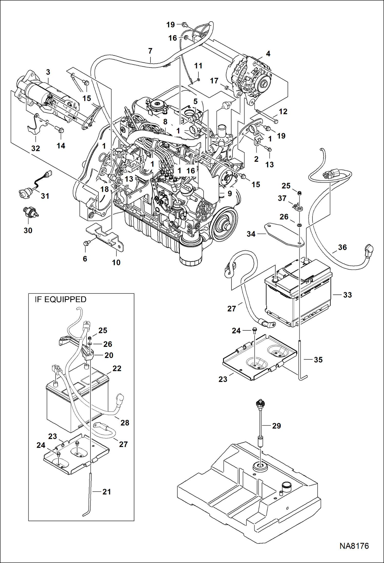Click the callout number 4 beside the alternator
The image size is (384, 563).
coord(268,54)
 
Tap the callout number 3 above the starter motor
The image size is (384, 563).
coord(48,72)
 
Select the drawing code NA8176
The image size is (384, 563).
coord(354,546)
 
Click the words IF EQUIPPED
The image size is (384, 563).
coord(60,299)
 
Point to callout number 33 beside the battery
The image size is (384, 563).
coord(347,295)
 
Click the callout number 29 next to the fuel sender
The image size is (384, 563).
coord(276,426)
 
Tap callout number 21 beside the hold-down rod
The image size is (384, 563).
coord(106,492)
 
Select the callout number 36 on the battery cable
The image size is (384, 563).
coord(342,247)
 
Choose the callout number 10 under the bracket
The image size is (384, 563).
coord(116,262)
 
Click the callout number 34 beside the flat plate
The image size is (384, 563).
coord(251,234)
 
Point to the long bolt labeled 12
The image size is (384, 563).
coord(267,116)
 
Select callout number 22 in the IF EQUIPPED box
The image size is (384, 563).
coord(117,368)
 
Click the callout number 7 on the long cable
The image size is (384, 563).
coord(150,51)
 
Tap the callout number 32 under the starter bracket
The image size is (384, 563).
coord(36,148)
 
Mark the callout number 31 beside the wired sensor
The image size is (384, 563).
coord(45,196)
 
